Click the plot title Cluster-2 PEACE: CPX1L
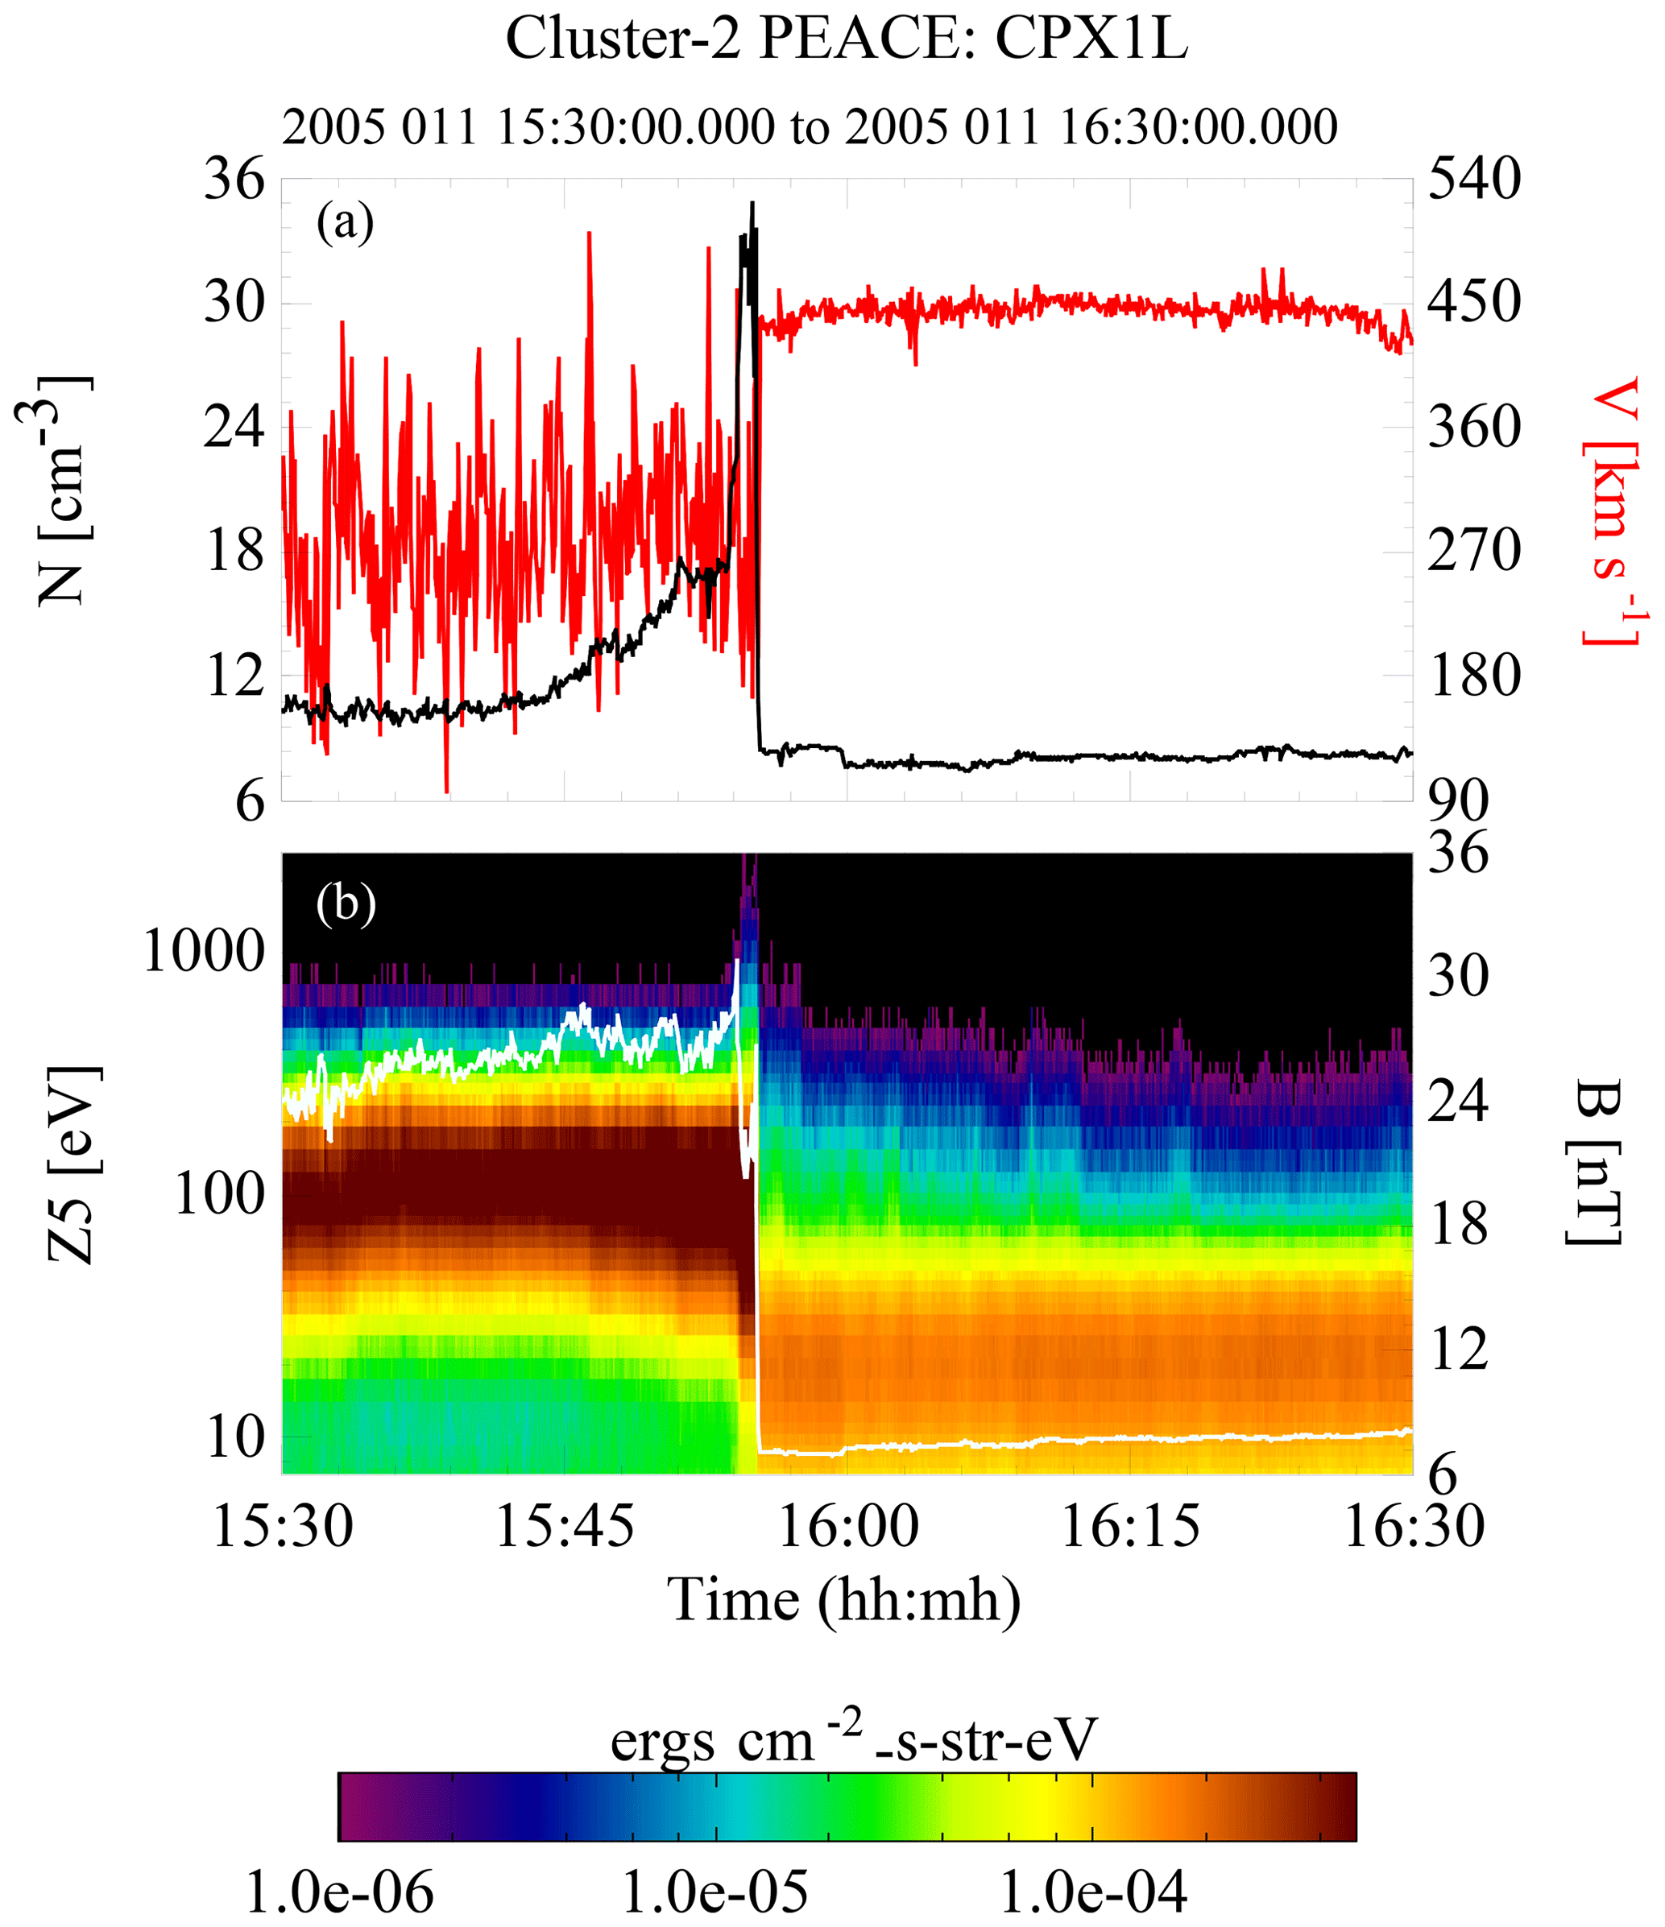tap(847, 39)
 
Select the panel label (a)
tap(345, 222)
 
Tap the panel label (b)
tap(346, 901)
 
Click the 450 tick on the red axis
tap(1474, 302)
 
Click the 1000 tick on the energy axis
tap(205, 953)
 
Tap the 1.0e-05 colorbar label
tap(715, 1893)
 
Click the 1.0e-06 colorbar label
tap(339, 1893)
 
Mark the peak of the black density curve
tap(752, 203)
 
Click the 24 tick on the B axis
tap(1457, 1100)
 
